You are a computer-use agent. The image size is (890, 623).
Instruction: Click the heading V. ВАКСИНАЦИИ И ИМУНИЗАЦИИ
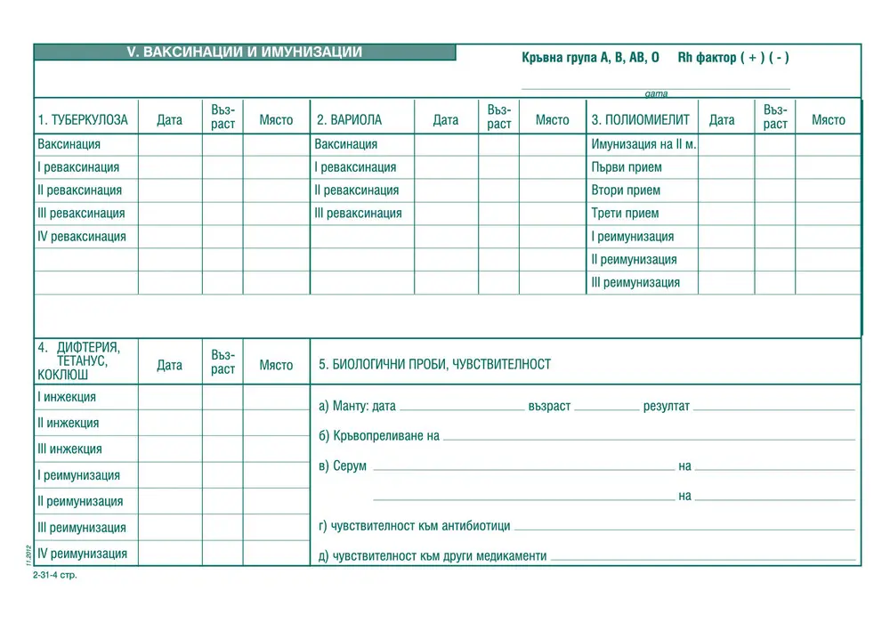tap(245, 53)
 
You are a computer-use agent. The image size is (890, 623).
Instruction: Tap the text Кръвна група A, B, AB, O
tap(590, 58)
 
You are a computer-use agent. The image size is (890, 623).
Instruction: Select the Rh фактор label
tap(707, 58)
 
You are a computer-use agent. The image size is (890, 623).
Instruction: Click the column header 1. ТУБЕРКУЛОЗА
tap(83, 120)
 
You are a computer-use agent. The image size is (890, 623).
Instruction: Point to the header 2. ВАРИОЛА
tap(349, 120)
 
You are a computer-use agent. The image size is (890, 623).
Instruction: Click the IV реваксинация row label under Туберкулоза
tap(82, 237)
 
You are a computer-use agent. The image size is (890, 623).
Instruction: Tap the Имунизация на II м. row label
tap(643, 144)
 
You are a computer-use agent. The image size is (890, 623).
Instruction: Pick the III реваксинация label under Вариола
tap(358, 214)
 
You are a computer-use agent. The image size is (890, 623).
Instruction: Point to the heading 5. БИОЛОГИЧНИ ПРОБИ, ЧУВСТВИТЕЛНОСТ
tap(434, 364)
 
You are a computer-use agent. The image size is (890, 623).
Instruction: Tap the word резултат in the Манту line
tap(666, 407)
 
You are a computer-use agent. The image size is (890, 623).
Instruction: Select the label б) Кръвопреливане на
tap(379, 436)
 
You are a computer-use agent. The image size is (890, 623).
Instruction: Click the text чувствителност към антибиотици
tap(420, 526)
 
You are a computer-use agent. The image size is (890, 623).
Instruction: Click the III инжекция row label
tap(69, 449)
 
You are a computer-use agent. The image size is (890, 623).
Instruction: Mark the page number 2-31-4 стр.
tap(55, 575)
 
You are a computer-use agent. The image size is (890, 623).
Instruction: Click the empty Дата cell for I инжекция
tap(169, 397)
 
